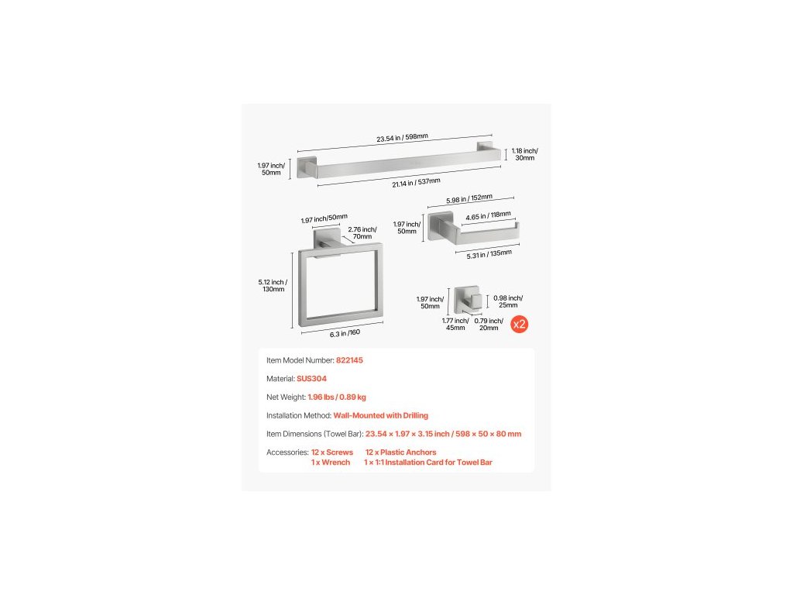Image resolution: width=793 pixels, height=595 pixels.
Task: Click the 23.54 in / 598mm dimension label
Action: tap(402, 137)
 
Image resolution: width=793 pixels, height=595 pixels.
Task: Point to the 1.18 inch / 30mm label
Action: tap(524, 154)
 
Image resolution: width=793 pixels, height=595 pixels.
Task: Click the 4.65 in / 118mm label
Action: tap(488, 215)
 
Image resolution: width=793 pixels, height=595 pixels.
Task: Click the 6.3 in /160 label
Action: tap(344, 332)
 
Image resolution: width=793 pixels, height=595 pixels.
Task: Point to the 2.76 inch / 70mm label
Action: tap(362, 232)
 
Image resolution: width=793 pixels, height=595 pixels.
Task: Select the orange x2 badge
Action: tap(520, 324)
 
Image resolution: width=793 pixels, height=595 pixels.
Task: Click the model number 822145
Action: tap(349, 360)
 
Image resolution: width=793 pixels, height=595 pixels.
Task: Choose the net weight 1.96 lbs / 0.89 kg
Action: tap(337, 397)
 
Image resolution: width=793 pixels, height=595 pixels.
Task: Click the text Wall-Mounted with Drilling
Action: tap(380, 415)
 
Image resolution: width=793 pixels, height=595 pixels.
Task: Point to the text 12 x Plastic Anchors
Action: tap(400, 452)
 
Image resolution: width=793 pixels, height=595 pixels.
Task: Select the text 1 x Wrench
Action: tap(331, 462)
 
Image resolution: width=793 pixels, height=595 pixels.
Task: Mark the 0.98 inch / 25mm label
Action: tap(508, 302)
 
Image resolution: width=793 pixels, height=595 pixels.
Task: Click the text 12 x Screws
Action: tap(332, 452)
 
